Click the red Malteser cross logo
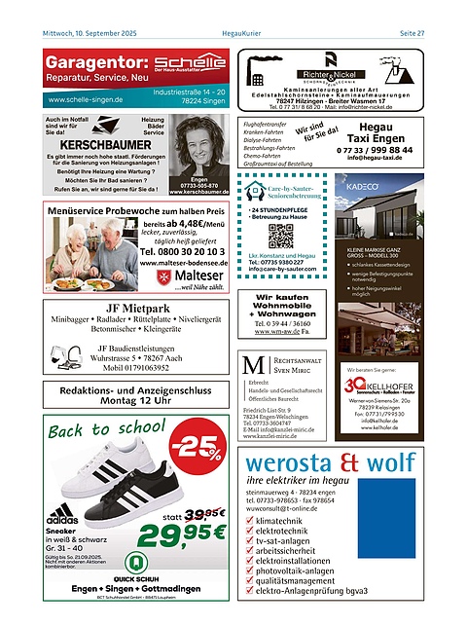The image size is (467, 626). pyautogui.click(x=167, y=277)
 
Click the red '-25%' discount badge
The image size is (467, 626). pyautogui.click(x=195, y=445)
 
